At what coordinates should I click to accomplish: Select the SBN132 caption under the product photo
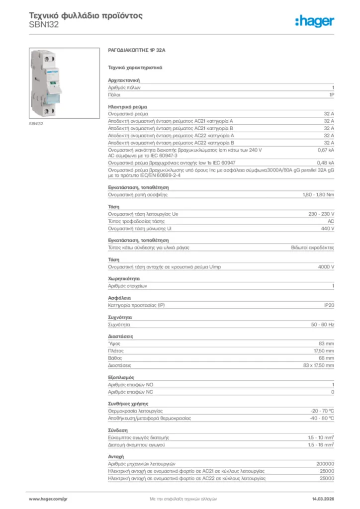[36, 123]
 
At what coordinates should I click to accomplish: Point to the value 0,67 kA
[326, 150]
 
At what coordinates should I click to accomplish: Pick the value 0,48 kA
[326, 163]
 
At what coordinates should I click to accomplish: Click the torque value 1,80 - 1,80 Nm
[318, 194]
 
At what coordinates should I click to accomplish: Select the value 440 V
[328, 228]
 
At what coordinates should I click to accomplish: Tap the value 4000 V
[326, 267]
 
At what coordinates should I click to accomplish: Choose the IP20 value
[329, 305]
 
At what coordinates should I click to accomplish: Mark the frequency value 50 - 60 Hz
[323, 325]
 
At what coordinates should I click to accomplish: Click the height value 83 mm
[326, 344]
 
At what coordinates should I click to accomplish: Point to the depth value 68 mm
[326, 358]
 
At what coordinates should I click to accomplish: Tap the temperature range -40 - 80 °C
[322, 419]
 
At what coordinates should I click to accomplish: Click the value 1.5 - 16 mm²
[321, 445]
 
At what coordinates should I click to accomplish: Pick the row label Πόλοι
[115, 94]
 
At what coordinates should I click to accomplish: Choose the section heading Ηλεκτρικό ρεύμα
[127, 107]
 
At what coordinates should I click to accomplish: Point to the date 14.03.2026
[323, 499]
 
